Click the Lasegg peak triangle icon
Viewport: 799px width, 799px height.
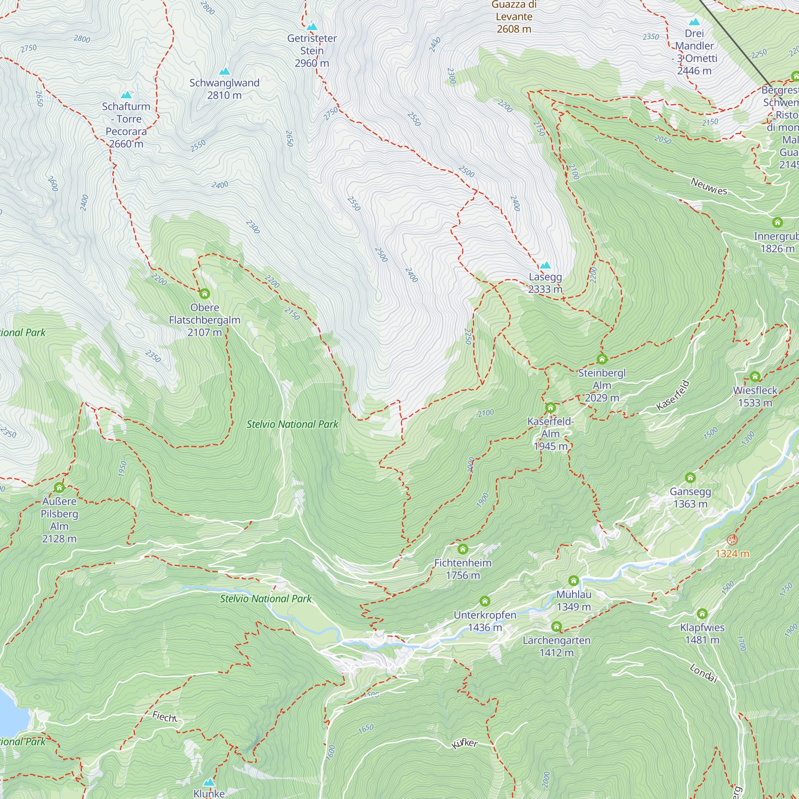pyautogui.click(x=545, y=266)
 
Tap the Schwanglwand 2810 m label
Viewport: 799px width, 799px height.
pyautogui.click(x=224, y=89)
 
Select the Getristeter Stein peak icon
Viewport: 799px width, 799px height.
pyautogui.click(x=312, y=27)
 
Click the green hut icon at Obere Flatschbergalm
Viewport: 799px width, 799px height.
pyautogui.click(x=204, y=294)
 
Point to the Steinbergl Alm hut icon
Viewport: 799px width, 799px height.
pyautogui.click(x=602, y=359)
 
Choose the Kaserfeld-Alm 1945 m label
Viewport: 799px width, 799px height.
pyautogui.click(x=551, y=434)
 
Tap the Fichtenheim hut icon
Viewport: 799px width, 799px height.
pyautogui.click(x=462, y=549)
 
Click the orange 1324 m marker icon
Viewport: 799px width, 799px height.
pyautogui.click(x=732, y=540)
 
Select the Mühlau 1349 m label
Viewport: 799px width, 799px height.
pyautogui.click(x=574, y=600)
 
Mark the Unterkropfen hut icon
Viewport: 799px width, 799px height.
pyautogui.click(x=485, y=601)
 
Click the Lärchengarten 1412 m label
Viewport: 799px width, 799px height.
pyautogui.click(x=556, y=646)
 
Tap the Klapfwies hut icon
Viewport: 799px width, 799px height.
pyautogui.click(x=702, y=613)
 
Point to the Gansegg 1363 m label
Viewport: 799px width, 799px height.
pyautogui.click(x=690, y=497)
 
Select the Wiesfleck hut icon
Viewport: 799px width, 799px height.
pyautogui.click(x=755, y=376)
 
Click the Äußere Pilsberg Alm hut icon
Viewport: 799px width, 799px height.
pyautogui.click(x=59, y=487)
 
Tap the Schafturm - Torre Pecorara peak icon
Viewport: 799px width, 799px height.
pyautogui.click(x=126, y=95)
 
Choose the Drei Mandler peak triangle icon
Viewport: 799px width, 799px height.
pyautogui.click(x=694, y=22)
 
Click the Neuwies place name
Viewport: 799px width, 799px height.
pyautogui.click(x=709, y=187)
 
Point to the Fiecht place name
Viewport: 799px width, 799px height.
pyautogui.click(x=165, y=717)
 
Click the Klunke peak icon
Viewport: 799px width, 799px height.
pyautogui.click(x=209, y=783)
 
